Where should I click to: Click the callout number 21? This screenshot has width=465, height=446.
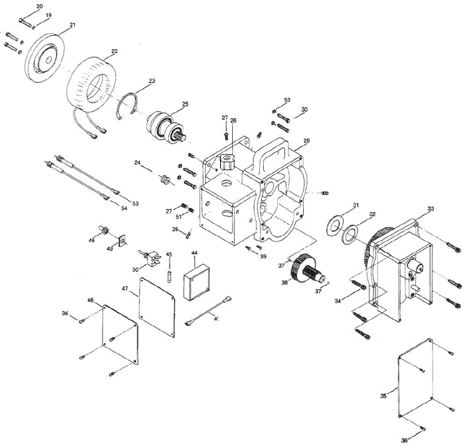tap(73, 24)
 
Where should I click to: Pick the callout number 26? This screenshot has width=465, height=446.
tap(233, 121)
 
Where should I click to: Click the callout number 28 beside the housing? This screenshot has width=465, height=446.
tap(306, 140)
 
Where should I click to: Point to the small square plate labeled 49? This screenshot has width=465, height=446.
tap(122, 240)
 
